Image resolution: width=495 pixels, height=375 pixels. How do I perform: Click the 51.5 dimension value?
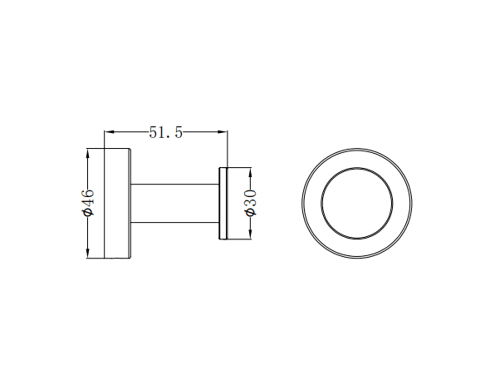pos(165,131)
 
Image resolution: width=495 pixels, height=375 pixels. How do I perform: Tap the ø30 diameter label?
pos(250,203)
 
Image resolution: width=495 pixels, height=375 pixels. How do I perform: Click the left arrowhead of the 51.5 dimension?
pos(107,131)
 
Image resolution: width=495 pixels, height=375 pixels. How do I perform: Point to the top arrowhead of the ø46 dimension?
pos(88,154)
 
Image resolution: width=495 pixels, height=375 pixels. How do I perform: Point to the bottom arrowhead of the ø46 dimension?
pos(88,254)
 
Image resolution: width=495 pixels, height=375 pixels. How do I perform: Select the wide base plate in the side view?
pos(116,204)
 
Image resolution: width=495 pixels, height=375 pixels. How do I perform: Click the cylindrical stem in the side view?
pos(174,204)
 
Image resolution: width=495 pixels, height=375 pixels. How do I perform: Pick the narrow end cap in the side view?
pos(223,204)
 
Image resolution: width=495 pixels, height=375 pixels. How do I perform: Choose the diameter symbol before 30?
pos(250,215)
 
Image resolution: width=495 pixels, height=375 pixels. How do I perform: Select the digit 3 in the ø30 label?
pos(250,204)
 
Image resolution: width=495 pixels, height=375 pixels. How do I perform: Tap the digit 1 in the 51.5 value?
pos(164,131)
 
